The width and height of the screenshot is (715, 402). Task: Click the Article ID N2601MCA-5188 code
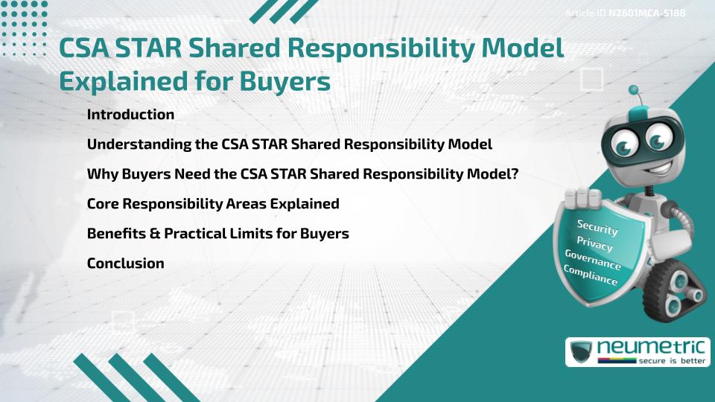pos(646,13)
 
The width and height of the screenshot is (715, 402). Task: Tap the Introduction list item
pos(130,115)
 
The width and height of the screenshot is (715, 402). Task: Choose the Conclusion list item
pos(125,263)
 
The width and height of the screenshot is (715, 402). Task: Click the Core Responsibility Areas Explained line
pos(213,203)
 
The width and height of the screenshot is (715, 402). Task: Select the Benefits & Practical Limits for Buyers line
pos(217,233)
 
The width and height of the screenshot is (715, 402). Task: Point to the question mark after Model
pos(514,173)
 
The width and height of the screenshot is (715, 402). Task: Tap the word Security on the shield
pos(597,228)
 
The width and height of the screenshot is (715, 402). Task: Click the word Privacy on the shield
pos(594,244)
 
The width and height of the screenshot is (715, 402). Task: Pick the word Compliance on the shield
pos(590,276)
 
